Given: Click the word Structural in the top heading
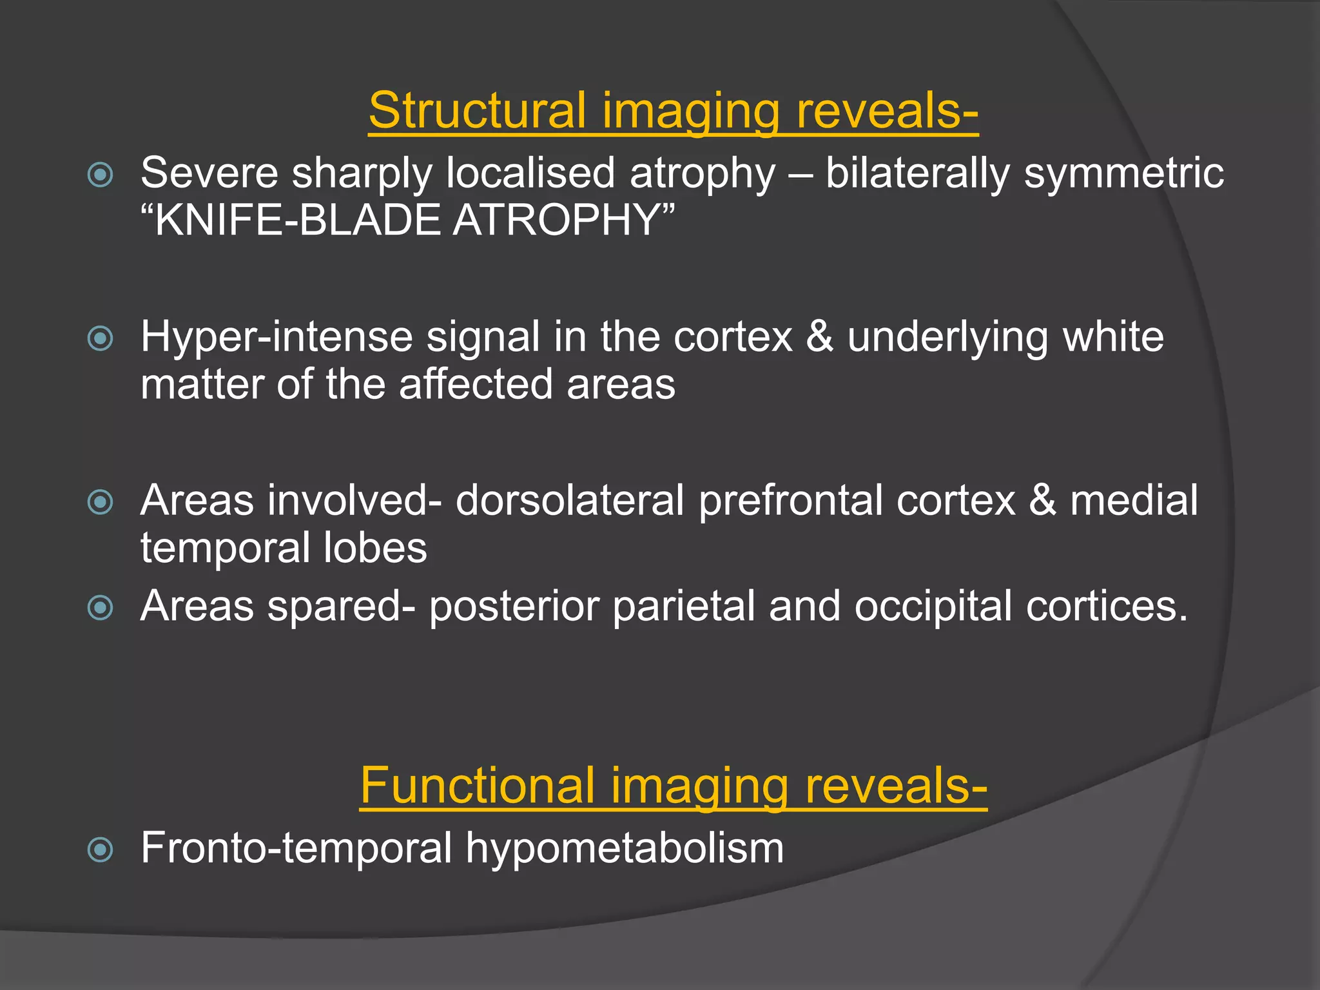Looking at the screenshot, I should (477, 110).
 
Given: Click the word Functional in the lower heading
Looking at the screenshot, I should (477, 786).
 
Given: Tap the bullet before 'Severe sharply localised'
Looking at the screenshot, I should (101, 175).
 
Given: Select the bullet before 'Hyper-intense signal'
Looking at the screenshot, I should (101, 338).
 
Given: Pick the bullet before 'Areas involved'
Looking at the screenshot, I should (101, 502).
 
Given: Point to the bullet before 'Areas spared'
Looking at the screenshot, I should (101, 607).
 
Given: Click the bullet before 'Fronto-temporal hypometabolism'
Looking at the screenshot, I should (101, 849).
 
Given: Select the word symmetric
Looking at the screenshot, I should (1123, 173).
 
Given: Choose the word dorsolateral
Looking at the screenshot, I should (570, 501).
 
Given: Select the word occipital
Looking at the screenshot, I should (933, 607).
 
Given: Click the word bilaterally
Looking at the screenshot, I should (917, 173).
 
